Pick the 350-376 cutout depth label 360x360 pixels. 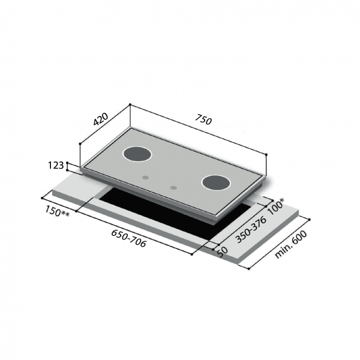pyautogui.click(x=251, y=229)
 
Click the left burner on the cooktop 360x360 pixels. pyautogui.click(x=138, y=155)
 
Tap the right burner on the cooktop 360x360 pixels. pyautogui.click(x=215, y=182)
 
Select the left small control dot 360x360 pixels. pyautogui.click(x=146, y=178)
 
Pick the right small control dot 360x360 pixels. pyautogui.click(x=173, y=188)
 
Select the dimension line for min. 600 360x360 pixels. pyautogui.click(x=279, y=243)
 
